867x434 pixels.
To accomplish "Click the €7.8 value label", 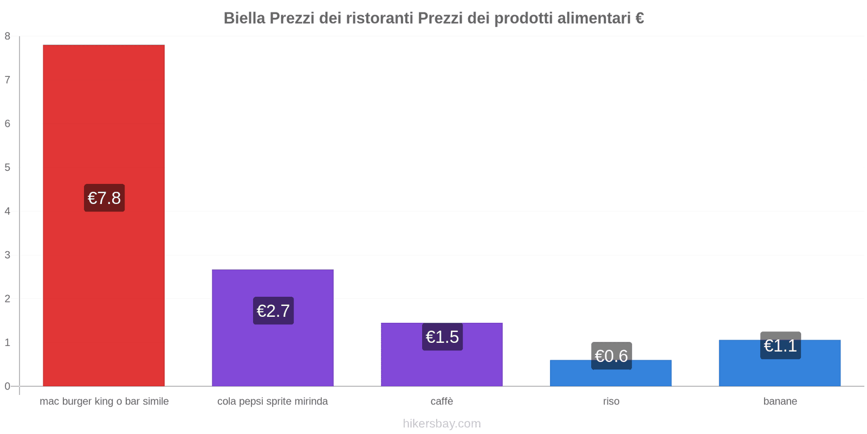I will [104, 198].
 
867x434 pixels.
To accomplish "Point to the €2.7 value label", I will [273, 311].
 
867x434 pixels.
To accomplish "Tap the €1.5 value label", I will [442, 337].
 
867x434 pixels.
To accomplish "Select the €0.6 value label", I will [611, 356].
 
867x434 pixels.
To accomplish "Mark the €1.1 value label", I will [780, 346].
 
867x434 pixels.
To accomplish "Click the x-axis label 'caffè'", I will [442, 401].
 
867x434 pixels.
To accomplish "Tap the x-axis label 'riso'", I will [611, 401].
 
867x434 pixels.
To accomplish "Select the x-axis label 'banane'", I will [780, 401].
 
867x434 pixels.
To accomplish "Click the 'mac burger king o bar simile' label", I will [104, 401].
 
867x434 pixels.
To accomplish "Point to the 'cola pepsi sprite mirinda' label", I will [273, 401].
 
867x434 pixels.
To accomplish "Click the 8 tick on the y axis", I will [8, 36].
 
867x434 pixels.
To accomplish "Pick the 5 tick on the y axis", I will [8, 168].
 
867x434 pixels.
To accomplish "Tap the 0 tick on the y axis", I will [8, 386].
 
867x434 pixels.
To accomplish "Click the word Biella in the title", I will [244, 18].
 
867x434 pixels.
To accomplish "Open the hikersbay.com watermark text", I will [442, 424].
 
